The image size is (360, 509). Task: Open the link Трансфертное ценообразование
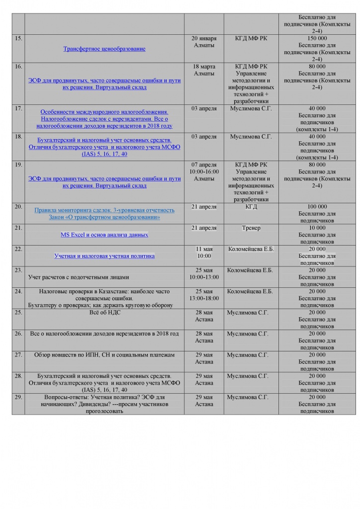pyautogui.click(x=104, y=49)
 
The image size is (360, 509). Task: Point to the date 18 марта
pyautogui.click(x=204, y=67)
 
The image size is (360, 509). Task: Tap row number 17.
pyautogui.click(x=18, y=108)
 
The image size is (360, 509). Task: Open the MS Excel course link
pyautogui.click(x=104, y=235)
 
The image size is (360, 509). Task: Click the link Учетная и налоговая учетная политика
pyautogui.click(x=104, y=256)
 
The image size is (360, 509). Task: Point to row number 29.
pyautogui.click(x=18, y=398)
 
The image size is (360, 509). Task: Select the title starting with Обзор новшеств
pyautogui.click(x=104, y=355)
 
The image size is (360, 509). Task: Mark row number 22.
pyautogui.click(x=18, y=249)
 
